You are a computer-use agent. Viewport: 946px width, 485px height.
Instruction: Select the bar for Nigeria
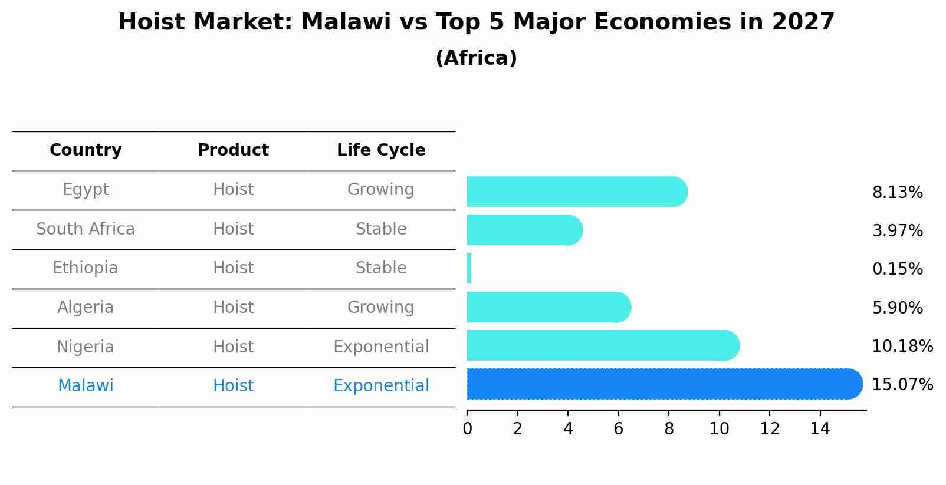pos(602,346)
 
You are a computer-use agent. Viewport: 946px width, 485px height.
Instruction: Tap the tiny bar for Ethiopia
pos(469,269)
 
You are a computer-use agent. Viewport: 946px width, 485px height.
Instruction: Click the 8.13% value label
pos(897,193)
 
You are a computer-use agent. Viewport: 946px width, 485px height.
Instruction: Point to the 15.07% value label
pos(902,385)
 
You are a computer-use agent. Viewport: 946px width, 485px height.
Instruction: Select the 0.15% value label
pos(897,269)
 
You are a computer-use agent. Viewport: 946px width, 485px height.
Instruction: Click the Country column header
pos(86,150)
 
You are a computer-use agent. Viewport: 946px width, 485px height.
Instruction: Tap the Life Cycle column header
pos(381,150)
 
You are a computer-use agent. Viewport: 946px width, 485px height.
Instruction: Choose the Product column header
pos(233,150)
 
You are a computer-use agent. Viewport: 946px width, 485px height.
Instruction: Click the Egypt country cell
pos(86,190)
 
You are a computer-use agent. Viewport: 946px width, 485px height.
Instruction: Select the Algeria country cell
pos(86,308)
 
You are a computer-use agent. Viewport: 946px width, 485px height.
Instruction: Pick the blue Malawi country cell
pos(86,386)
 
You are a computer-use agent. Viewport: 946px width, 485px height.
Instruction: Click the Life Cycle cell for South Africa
pos(381,229)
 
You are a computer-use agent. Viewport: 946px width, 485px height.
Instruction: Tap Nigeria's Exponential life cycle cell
pos(381,347)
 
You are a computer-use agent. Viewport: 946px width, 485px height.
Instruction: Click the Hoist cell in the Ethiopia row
pos(233,268)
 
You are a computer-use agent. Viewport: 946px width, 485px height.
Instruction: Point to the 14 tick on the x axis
pos(820,429)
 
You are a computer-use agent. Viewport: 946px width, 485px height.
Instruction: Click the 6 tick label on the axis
pos(618,429)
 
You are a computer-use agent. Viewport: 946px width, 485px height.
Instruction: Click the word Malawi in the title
pos(346,22)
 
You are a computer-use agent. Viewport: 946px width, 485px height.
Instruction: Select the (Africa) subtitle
pos(476,58)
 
